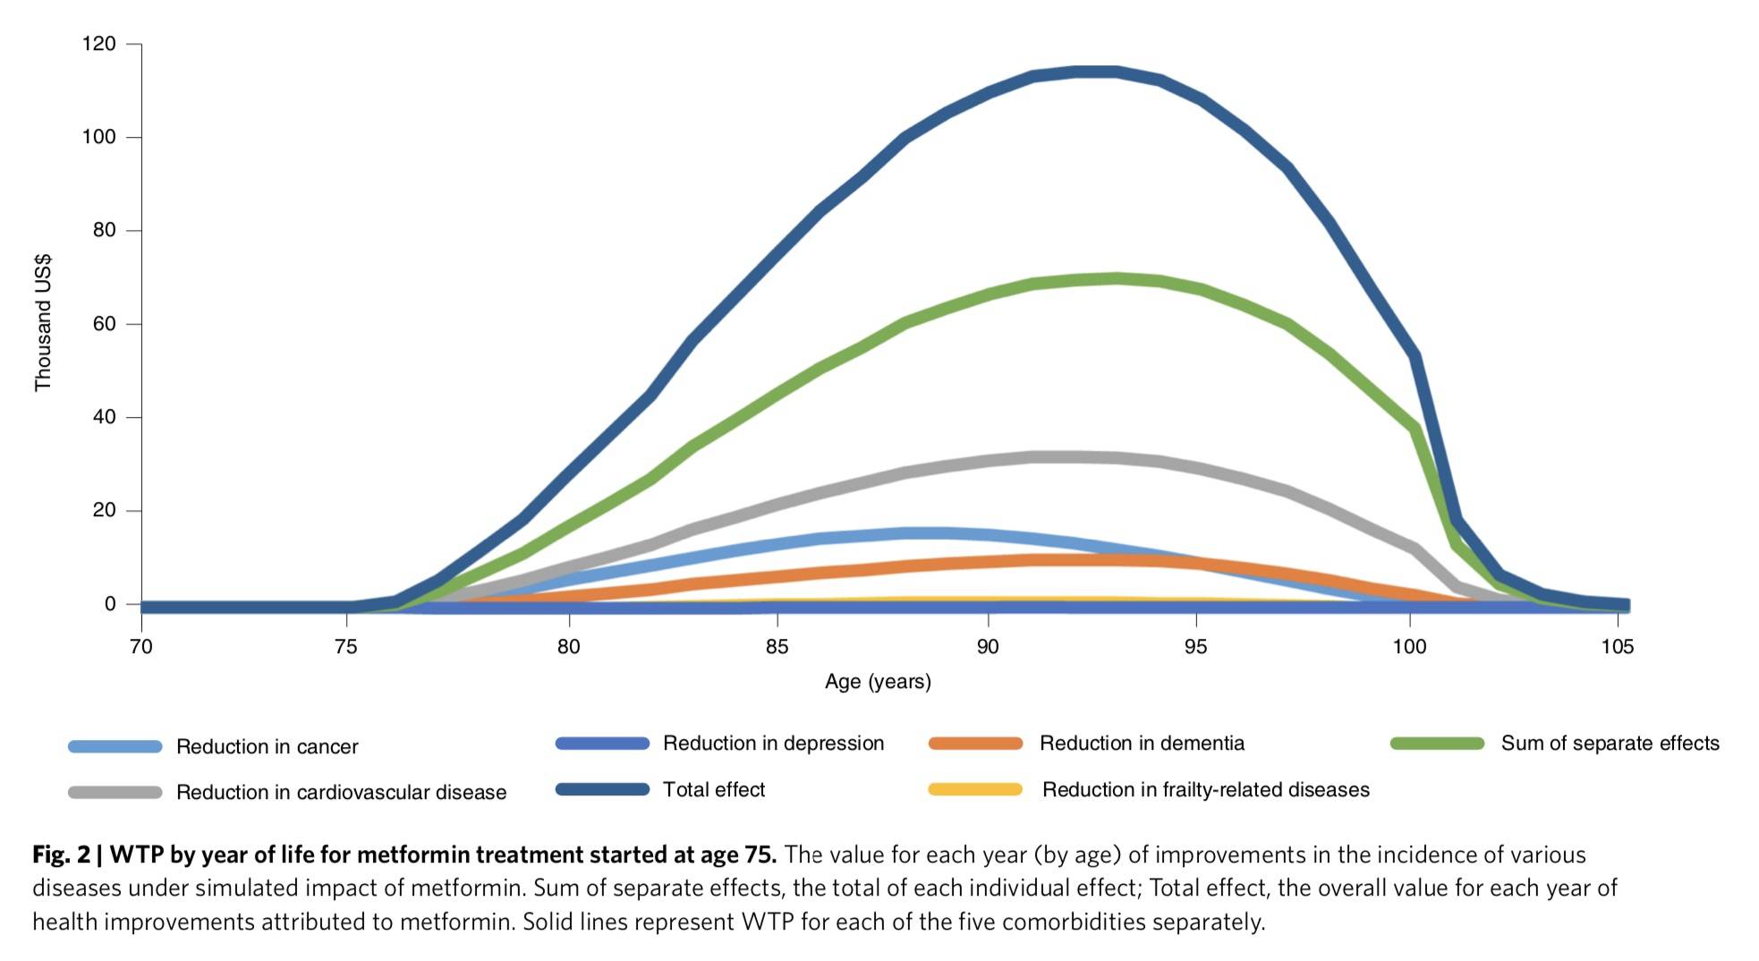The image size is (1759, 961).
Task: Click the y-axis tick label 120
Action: (98, 44)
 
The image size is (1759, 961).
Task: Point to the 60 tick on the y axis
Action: (104, 324)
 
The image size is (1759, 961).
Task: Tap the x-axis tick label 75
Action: (345, 647)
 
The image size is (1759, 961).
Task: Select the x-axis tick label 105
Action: (1617, 647)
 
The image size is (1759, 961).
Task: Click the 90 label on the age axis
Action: (987, 647)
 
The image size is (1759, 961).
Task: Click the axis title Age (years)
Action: (878, 682)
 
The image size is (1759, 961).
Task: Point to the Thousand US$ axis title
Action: (43, 323)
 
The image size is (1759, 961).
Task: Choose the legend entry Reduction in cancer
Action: (267, 747)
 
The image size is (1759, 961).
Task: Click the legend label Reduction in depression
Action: (773, 744)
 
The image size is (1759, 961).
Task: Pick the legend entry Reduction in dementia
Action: (1142, 744)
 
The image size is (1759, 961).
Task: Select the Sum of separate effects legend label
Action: (1610, 744)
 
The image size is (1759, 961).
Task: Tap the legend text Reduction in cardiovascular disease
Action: (341, 793)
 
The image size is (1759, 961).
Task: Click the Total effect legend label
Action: (713, 790)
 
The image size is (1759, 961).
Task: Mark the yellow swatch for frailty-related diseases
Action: (975, 789)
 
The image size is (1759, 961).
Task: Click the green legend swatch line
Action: (1437, 744)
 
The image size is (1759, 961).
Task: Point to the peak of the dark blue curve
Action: (1096, 71)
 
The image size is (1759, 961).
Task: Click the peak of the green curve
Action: (1114, 278)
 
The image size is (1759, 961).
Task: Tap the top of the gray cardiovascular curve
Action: (1056, 457)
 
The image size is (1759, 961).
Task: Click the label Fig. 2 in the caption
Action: (61, 855)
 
